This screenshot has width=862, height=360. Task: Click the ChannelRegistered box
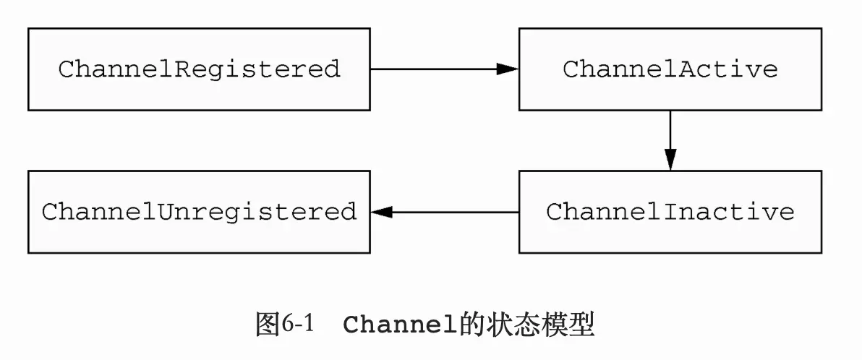(x=199, y=69)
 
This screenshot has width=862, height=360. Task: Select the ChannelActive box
(x=670, y=69)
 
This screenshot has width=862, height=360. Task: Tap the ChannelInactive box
(x=670, y=212)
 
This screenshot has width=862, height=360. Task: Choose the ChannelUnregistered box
(x=199, y=212)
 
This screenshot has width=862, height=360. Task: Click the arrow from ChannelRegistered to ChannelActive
(x=443, y=69)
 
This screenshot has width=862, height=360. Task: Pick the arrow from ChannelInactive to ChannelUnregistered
(x=445, y=212)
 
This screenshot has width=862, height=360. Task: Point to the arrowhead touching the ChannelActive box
(x=508, y=69)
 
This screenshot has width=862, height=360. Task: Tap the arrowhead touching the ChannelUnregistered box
(x=381, y=212)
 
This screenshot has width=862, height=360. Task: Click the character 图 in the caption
(x=267, y=325)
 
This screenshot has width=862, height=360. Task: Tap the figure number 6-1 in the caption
(x=299, y=325)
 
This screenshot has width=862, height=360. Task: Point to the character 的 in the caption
(x=472, y=325)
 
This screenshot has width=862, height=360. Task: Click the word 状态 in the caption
(x=514, y=325)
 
